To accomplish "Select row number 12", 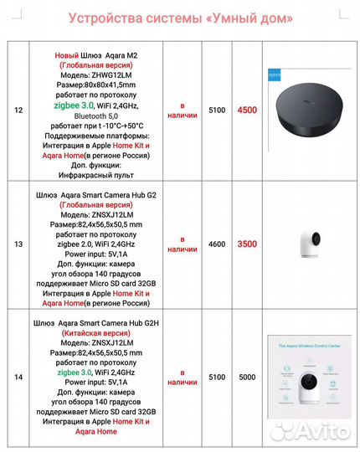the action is coord(18,109).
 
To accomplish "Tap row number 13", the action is coord(18,244).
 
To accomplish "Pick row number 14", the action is coord(18,378).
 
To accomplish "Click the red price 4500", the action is coord(247,109).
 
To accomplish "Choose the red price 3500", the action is coord(247,244).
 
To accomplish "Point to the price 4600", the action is coord(217,244).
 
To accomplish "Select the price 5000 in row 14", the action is coord(247,378).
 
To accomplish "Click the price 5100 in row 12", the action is coord(217,109).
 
